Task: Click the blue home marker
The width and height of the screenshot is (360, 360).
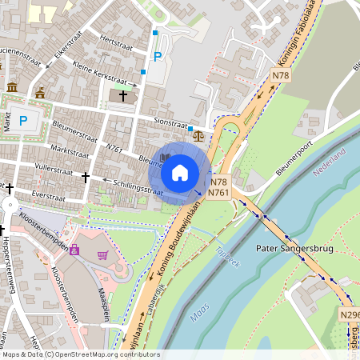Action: point(180,172)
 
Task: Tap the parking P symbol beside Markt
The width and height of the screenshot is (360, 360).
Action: point(24,121)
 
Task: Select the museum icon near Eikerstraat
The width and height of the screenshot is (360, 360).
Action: point(12,86)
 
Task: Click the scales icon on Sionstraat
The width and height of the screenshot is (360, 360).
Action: point(198,135)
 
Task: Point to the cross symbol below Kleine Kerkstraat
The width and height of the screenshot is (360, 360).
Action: point(123,96)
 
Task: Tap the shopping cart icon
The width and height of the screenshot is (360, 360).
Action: point(102,255)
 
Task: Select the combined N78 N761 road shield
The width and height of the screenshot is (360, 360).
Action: point(219,187)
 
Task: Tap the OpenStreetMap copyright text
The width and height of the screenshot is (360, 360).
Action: point(80,354)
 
